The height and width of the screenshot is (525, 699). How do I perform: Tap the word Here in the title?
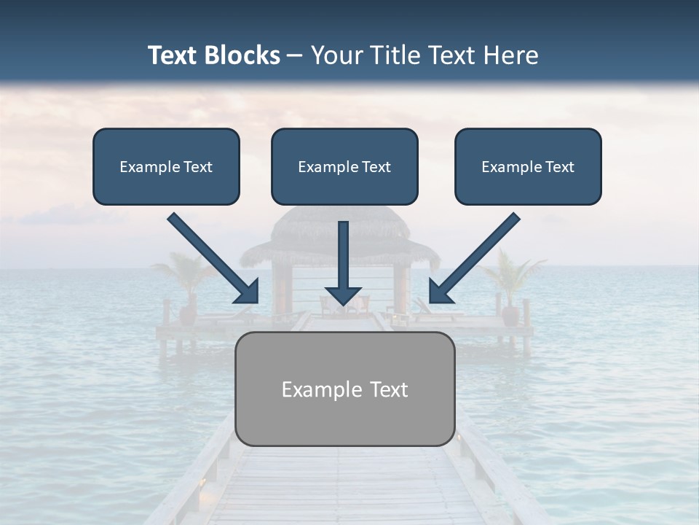[512, 55]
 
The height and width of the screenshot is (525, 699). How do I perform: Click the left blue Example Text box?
[166, 166]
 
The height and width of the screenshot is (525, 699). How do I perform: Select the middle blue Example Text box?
[344, 166]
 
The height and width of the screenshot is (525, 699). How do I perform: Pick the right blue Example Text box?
[528, 166]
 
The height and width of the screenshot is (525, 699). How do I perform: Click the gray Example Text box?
[345, 389]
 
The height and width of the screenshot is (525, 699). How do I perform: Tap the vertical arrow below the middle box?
[343, 262]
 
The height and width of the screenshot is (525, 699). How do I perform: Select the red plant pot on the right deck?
[510, 315]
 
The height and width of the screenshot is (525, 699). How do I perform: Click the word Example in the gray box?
[314, 389]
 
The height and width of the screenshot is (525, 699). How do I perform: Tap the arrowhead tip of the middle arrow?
[343, 303]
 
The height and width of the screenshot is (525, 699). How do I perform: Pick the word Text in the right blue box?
[559, 167]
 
